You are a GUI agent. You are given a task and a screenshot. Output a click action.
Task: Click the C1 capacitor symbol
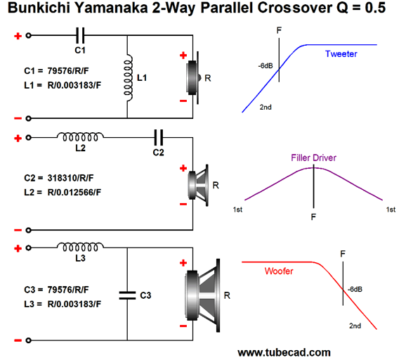pos(80,35)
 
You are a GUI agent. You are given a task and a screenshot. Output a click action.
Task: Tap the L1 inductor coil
pos(128,78)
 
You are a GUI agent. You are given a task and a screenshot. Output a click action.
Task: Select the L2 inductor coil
pos(80,137)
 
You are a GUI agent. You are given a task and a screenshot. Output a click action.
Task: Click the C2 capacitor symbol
pos(159,137)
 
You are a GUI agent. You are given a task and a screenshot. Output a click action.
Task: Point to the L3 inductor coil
pos(80,247)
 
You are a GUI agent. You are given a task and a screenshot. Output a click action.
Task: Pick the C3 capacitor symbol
pos(127,295)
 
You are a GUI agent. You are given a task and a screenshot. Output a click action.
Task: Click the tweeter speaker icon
pos(194,78)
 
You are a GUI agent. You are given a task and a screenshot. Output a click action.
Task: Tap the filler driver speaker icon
pos(198,186)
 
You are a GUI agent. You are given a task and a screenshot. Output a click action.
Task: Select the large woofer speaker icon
pos(202,295)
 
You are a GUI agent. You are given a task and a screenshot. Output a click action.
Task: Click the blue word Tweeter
pos(341,54)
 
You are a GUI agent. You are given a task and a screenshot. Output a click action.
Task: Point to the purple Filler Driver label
pos(313,157)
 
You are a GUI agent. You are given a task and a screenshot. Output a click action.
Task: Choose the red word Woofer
pos(279,271)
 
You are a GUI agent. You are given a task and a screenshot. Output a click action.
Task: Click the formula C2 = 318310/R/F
pos(59,178)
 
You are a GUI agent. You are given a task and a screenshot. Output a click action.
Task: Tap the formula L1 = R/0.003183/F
pos(63,85)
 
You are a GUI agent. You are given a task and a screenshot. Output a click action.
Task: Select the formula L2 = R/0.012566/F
pos(63,193)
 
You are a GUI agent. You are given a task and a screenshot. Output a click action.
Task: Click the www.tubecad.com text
pos(284,352)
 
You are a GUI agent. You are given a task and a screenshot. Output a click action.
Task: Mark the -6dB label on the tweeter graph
pos(266,66)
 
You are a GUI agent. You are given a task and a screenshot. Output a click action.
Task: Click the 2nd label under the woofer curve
pos(355,326)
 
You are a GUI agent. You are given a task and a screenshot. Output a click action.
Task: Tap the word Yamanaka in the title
pos(112,8)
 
